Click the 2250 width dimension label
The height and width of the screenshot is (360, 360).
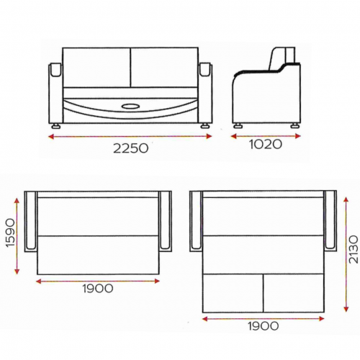click(x=130, y=148)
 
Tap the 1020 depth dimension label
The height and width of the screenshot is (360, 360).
click(x=266, y=145)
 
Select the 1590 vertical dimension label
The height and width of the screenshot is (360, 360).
click(x=11, y=233)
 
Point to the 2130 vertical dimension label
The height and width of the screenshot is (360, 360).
click(x=353, y=249)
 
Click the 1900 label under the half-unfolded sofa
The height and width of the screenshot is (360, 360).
click(x=98, y=288)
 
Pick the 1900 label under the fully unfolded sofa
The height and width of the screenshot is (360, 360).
click(x=264, y=326)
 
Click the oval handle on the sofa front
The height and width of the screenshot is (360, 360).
click(x=130, y=107)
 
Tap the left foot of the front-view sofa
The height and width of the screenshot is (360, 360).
click(x=56, y=126)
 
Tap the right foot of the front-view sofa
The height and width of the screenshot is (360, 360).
click(x=204, y=126)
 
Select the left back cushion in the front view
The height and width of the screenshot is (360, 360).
click(x=96, y=67)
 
